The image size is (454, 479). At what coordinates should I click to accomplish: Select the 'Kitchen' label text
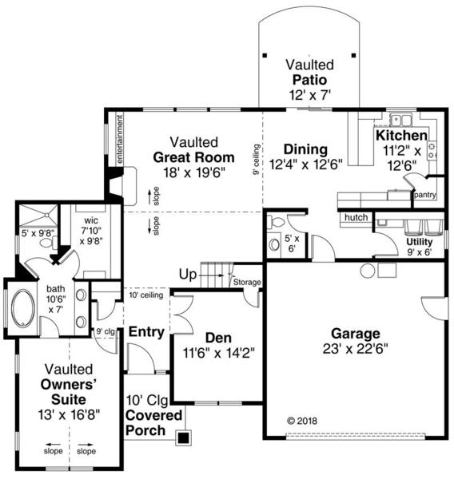[x=401, y=136]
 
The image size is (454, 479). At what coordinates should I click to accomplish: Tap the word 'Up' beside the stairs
[x=188, y=275]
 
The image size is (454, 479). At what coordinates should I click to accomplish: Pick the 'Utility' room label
[x=420, y=241]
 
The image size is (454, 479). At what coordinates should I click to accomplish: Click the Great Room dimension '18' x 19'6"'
[x=193, y=172]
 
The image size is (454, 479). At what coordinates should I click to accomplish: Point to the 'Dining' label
[x=304, y=149]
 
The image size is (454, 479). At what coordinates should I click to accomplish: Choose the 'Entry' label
[x=146, y=331]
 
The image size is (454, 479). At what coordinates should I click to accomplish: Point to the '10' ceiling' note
[x=145, y=295]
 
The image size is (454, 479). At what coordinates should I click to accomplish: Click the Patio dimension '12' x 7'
[x=309, y=94]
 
